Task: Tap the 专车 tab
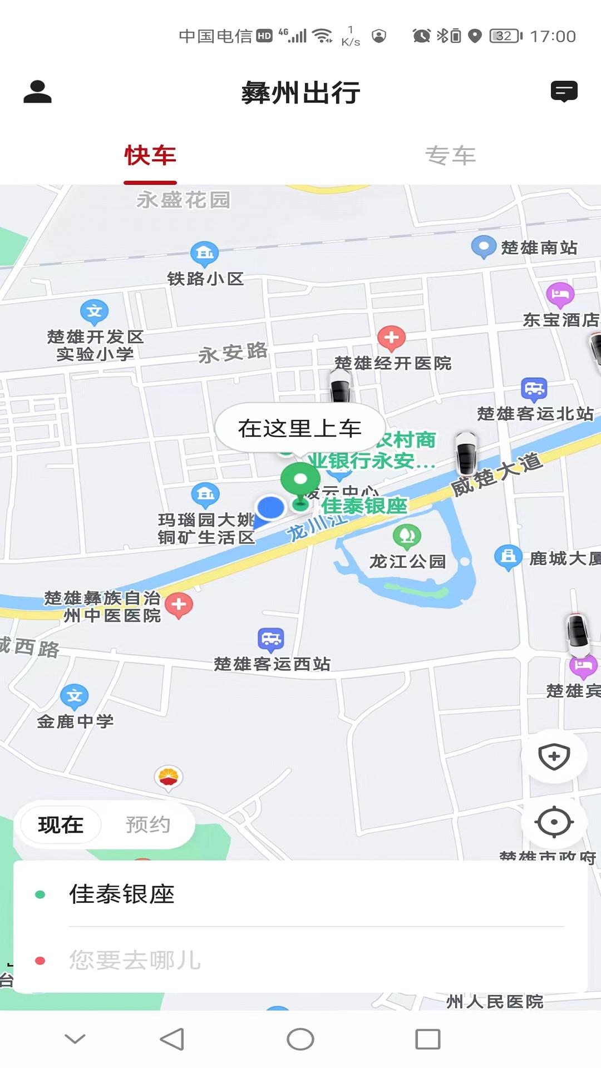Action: click(x=450, y=156)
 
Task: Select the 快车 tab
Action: click(x=150, y=156)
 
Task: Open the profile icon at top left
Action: click(x=37, y=92)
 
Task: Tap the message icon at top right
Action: click(x=564, y=92)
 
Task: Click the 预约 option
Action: click(x=147, y=824)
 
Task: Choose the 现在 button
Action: click(x=61, y=824)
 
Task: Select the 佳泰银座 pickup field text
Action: click(x=122, y=894)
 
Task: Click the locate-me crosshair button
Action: click(x=554, y=822)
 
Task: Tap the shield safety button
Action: click(x=554, y=756)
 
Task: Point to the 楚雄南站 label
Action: click(x=539, y=248)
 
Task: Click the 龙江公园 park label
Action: click(x=408, y=561)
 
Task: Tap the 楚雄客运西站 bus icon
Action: click(x=271, y=640)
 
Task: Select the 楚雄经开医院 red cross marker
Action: click(x=392, y=338)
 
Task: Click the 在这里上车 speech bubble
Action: click(x=300, y=428)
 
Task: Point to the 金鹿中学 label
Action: click(x=75, y=721)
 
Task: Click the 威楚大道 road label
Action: click(x=496, y=474)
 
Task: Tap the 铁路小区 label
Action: click(x=205, y=278)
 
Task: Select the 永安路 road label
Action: click(x=233, y=353)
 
